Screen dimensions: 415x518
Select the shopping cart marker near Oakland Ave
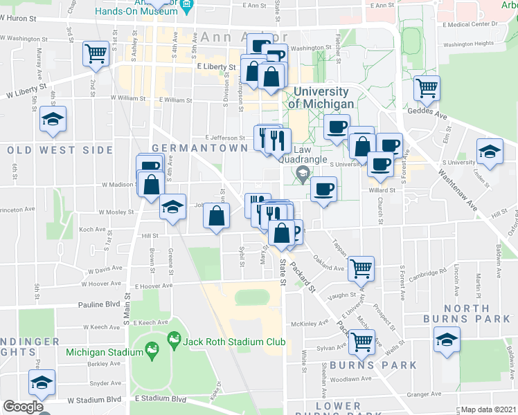(x=361, y=267)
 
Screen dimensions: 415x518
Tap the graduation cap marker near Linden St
(x=490, y=151)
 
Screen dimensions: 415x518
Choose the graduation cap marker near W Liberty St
(x=53, y=120)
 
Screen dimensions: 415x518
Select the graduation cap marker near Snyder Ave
(x=42, y=382)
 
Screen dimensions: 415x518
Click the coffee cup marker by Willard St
(x=323, y=189)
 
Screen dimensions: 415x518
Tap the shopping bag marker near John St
(x=217, y=216)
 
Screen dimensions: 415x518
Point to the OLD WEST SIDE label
(x=59, y=149)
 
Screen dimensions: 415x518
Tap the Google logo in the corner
(x=22, y=407)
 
